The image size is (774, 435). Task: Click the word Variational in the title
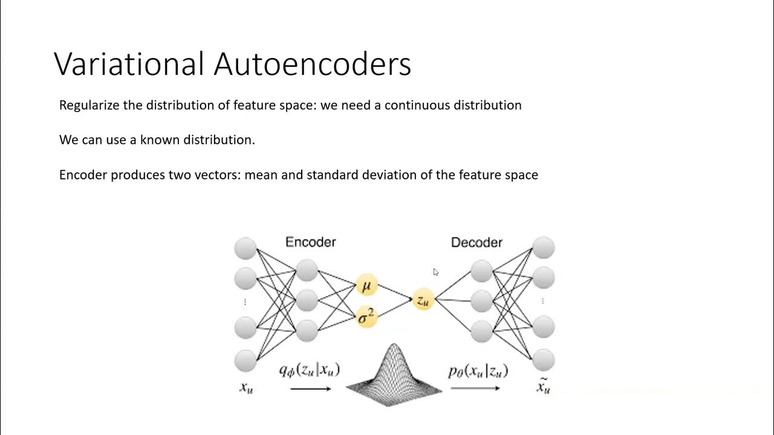(129, 64)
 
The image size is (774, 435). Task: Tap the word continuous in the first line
(418, 105)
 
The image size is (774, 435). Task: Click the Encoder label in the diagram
(310, 242)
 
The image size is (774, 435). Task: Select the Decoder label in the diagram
(476, 242)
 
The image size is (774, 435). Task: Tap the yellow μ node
(366, 285)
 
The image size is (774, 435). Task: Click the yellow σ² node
(366, 316)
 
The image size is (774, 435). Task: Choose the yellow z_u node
(423, 299)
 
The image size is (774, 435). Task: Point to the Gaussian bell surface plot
(394, 375)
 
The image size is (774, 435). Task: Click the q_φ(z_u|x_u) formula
(310, 369)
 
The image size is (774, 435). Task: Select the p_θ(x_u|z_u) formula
(478, 371)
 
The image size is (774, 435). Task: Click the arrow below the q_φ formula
(310, 388)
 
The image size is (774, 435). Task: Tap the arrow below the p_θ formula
(475, 388)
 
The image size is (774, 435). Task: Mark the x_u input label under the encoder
(246, 388)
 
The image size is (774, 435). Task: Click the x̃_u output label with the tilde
(544, 386)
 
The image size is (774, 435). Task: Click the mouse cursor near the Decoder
(435, 272)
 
